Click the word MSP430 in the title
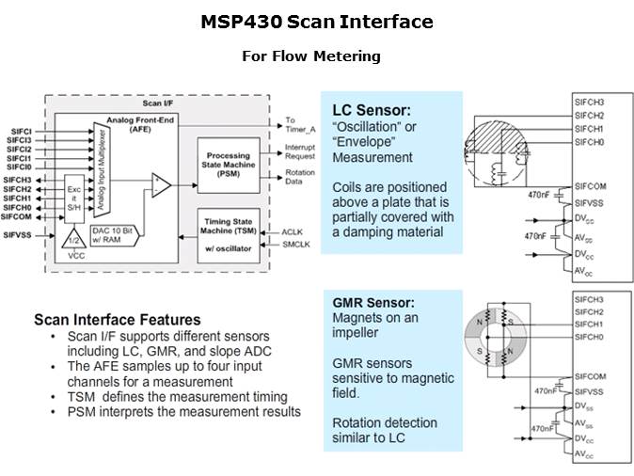click(x=242, y=22)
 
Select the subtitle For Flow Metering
click(x=310, y=56)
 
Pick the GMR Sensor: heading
click(x=373, y=304)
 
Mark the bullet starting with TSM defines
click(x=176, y=397)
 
